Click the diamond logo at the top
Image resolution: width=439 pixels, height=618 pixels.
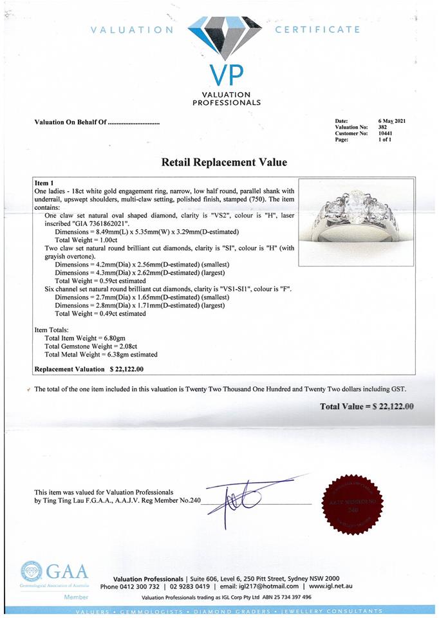point(225,36)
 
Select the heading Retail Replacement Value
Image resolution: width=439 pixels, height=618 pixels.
point(224,162)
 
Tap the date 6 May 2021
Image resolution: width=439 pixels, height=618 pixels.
point(392,121)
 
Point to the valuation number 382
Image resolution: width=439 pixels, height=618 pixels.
point(382,127)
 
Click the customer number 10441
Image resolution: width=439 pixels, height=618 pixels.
point(385,133)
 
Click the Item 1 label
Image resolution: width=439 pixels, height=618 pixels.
point(44,183)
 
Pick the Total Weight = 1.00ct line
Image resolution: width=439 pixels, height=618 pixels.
point(86,239)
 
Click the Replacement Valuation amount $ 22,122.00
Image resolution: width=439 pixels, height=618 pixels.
point(127,370)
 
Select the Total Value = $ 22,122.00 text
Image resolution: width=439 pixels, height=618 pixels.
point(367,406)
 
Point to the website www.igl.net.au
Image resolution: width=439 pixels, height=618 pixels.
point(330,586)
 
